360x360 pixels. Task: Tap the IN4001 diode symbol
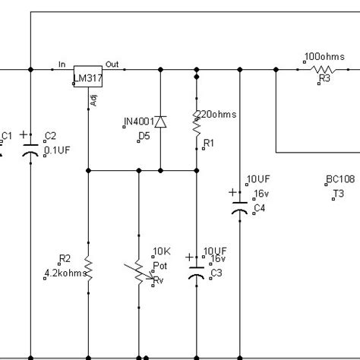160,122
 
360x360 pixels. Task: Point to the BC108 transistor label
339,180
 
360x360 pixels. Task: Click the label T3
338,194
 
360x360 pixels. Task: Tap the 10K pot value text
161,251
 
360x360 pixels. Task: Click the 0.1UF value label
55,150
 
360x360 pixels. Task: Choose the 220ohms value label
217,114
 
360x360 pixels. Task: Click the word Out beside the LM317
112,64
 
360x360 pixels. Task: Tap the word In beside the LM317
62,64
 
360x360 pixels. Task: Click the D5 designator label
144,135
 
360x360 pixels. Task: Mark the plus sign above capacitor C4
232,191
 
